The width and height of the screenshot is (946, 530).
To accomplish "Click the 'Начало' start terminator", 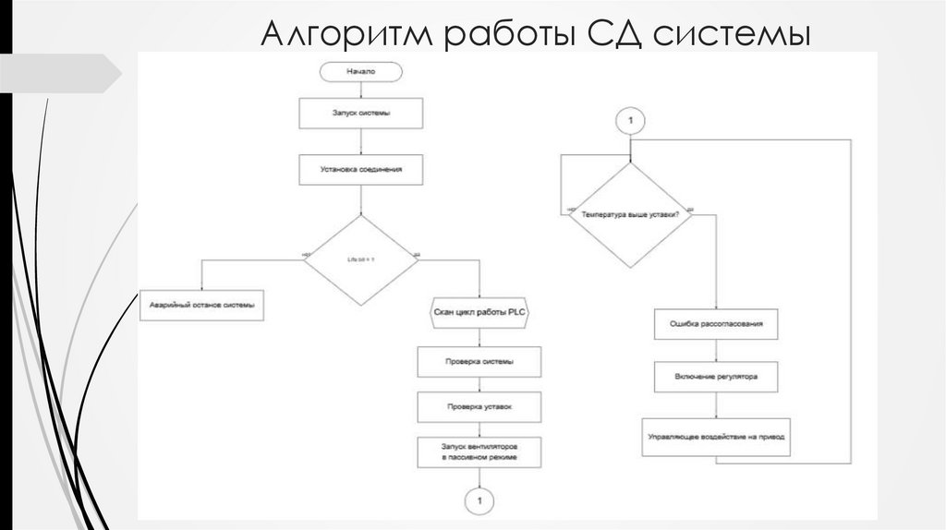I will tap(361, 70).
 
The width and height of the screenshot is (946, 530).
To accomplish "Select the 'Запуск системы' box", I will tap(361, 113).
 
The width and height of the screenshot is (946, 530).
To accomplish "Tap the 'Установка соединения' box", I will tap(360, 169).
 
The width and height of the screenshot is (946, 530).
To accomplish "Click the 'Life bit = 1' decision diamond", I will tap(361, 260).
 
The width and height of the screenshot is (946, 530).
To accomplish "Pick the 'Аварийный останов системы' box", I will tap(201, 305).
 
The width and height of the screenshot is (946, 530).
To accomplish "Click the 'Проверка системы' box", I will tap(479, 362).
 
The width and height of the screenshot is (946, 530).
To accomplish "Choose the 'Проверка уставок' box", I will tap(479, 406).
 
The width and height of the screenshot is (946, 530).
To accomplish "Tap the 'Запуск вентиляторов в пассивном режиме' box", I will tap(479, 452).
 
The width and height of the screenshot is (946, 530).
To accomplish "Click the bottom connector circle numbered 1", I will tap(479, 500).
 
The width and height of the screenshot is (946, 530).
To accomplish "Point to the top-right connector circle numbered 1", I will tap(630, 121).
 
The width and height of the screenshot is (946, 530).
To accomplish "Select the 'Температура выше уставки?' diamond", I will tap(630, 214).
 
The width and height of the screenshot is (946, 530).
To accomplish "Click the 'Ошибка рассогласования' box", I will tap(716, 325).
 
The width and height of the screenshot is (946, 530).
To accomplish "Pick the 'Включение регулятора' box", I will tap(716, 377).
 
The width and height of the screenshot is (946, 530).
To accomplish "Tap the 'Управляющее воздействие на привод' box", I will tap(716, 436).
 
